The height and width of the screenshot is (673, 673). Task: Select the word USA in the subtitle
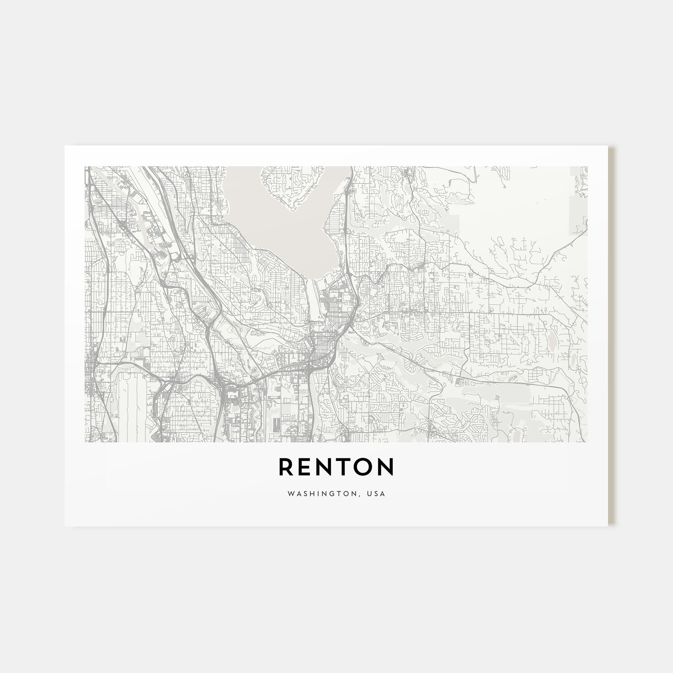[378, 494]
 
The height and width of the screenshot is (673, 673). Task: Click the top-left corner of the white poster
[65, 146]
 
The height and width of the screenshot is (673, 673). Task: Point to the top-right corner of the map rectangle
[587, 167]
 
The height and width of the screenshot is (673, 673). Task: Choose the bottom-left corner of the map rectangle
[85, 442]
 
